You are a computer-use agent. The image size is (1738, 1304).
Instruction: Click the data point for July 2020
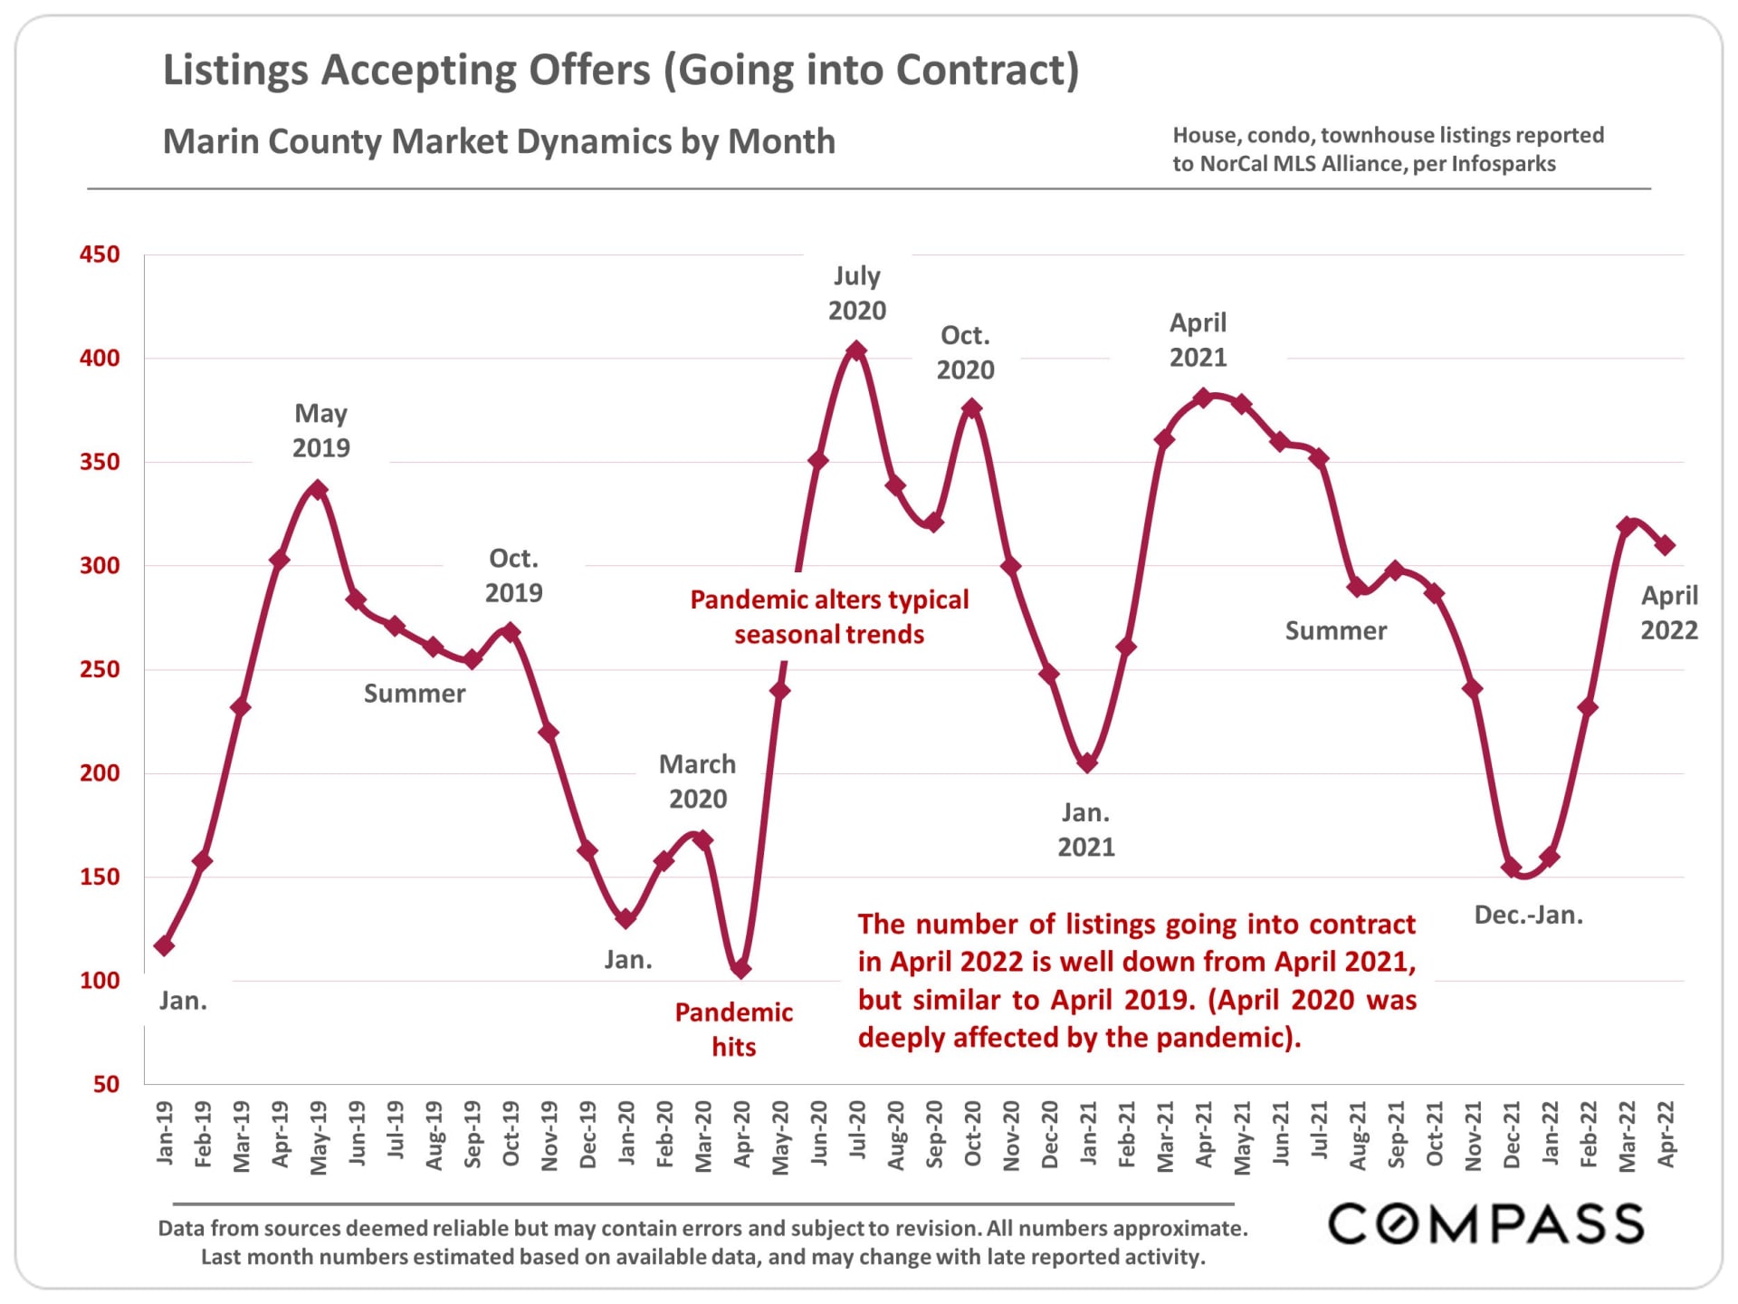click(x=856, y=350)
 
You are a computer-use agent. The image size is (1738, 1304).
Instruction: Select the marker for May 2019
click(x=318, y=490)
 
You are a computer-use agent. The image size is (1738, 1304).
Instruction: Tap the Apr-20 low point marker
click(x=741, y=969)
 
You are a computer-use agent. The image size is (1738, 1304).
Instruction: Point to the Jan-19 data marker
click(x=164, y=945)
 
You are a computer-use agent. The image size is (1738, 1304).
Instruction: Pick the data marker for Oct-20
click(x=972, y=408)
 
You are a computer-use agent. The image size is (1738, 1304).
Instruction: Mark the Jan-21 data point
click(x=1088, y=763)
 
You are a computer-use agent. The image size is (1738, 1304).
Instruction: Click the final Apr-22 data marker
click(x=1665, y=545)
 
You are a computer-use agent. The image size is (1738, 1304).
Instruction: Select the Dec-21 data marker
click(x=1511, y=868)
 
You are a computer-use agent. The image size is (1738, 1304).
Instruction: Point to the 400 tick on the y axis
click(x=100, y=359)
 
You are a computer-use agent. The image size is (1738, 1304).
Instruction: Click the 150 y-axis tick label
click(x=100, y=877)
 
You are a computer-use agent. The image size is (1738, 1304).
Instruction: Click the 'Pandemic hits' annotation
click(x=733, y=1030)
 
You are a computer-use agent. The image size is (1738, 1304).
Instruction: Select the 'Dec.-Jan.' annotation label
click(x=1528, y=915)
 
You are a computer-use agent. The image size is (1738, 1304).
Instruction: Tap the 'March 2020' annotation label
click(x=697, y=781)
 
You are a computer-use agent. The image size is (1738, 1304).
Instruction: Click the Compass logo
click(x=1485, y=1224)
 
